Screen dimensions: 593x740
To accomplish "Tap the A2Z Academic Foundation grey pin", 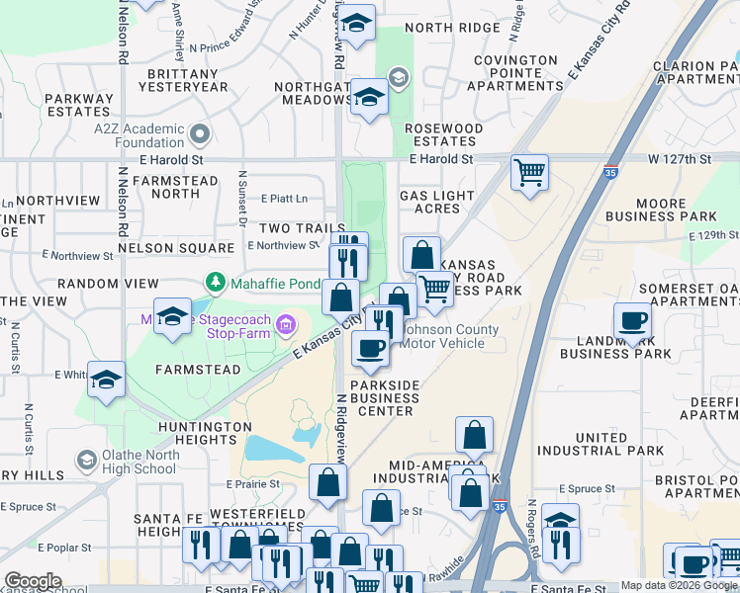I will point(201,132).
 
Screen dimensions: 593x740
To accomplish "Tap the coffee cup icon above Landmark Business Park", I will point(632,320).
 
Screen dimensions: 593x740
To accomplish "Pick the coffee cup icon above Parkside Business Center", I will point(371,348).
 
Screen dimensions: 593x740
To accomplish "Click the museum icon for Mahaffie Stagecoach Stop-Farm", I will point(286,324).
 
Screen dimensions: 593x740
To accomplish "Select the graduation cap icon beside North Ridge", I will point(356,21).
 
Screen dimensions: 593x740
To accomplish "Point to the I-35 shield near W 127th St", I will point(611,170).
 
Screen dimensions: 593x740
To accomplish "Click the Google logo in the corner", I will point(33,581).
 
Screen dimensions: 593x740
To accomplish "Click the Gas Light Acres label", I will point(436,202).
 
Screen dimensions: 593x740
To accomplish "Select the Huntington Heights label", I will point(205,433).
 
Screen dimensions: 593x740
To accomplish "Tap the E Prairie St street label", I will point(254,484).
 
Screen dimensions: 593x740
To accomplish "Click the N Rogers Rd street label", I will point(531,528).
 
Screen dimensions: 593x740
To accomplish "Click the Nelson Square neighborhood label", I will point(161,247).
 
